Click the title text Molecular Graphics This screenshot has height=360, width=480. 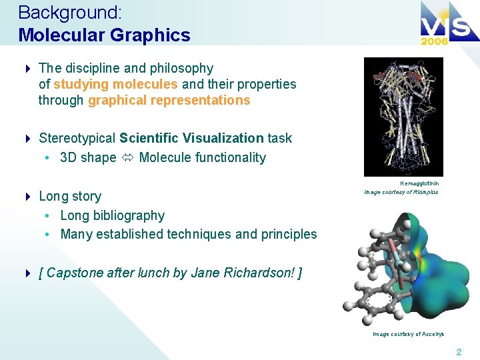(x=105, y=35)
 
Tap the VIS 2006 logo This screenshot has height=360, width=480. (x=443, y=25)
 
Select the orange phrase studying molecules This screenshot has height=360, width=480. (x=115, y=84)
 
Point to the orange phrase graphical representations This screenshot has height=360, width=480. (x=169, y=101)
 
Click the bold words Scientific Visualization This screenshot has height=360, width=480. (x=191, y=138)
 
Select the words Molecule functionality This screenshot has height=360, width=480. (x=202, y=158)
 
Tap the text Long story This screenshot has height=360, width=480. (x=70, y=196)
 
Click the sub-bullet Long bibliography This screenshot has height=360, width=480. (x=112, y=215)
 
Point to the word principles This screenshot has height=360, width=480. (x=287, y=234)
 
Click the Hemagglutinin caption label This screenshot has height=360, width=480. (x=419, y=183)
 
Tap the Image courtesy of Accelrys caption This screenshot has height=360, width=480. (x=408, y=334)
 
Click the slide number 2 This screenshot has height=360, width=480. (x=458, y=351)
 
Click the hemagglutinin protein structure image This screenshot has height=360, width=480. (x=403, y=117)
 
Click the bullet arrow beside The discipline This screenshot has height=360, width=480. (x=27, y=69)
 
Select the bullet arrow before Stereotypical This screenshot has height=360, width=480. (x=27, y=139)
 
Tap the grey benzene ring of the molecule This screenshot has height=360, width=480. (x=377, y=303)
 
